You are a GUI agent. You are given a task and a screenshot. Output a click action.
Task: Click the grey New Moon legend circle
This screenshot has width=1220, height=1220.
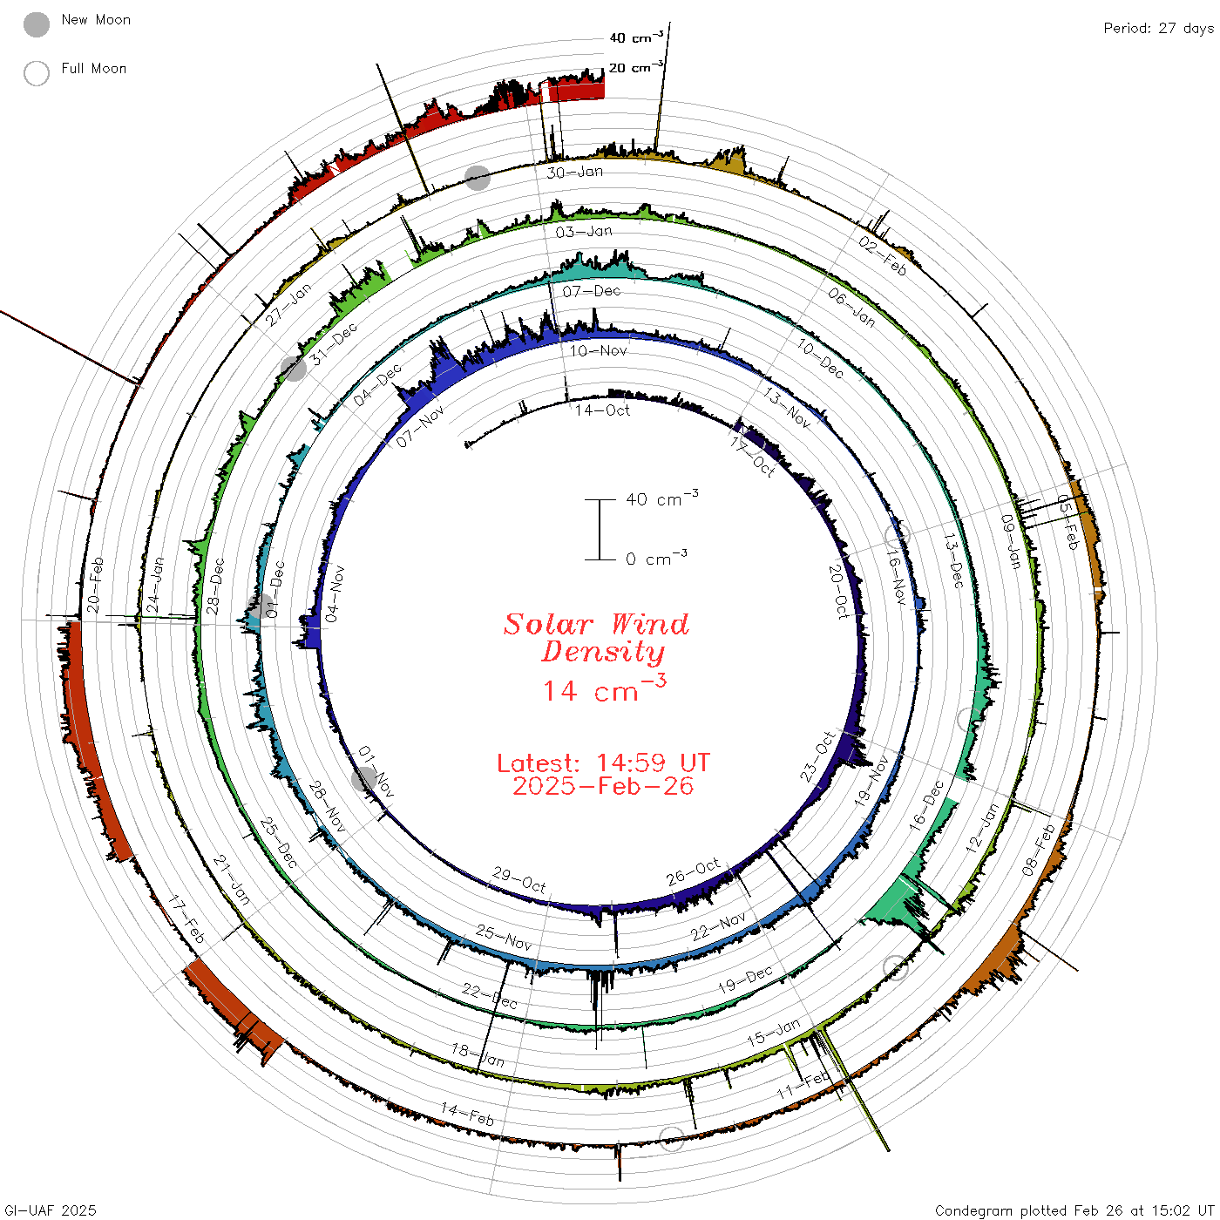click(x=36, y=24)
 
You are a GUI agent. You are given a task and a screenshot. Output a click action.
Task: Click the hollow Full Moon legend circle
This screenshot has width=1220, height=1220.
click(x=36, y=73)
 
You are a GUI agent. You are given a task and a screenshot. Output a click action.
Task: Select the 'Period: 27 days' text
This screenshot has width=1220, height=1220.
click(x=1159, y=29)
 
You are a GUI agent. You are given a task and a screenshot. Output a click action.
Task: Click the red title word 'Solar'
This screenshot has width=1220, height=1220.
click(x=548, y=624)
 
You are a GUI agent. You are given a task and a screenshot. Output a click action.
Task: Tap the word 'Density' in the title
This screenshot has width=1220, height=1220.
click(x=603, y=652)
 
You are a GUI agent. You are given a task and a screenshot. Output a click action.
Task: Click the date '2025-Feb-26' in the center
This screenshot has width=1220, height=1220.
click(x=603, y=786)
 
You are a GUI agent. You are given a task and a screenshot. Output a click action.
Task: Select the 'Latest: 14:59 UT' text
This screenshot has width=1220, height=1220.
click(x=603, y=762)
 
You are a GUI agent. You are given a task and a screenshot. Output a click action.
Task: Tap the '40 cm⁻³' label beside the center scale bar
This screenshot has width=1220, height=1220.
click(x=662, y=498)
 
